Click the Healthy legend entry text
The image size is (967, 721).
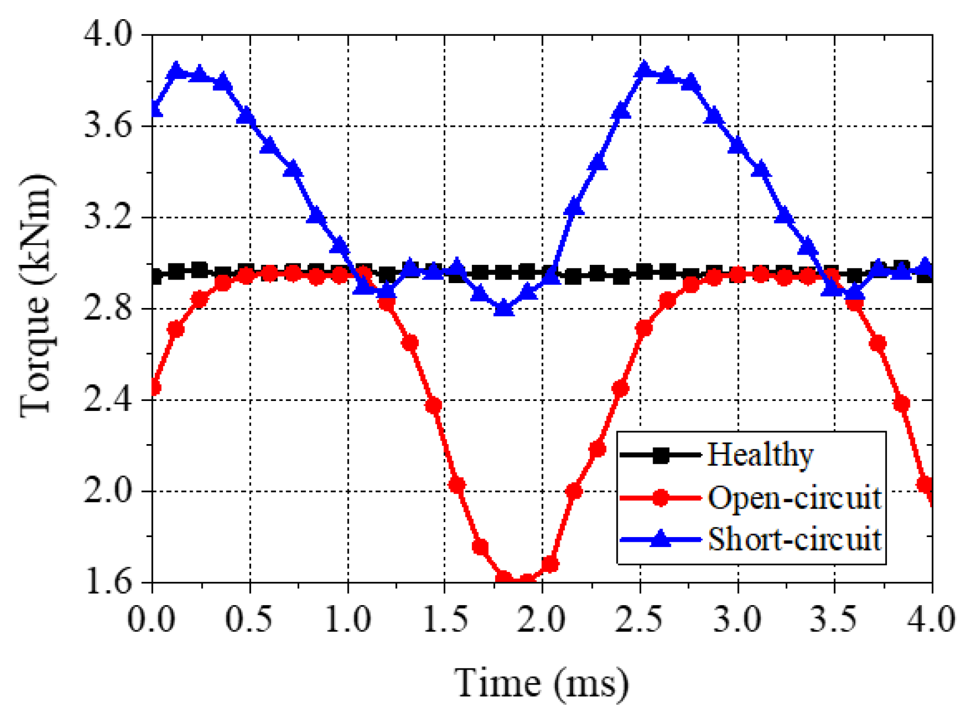coord(760,455)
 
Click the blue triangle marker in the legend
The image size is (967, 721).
coord(660,539)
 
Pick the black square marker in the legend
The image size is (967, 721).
coord(660,456)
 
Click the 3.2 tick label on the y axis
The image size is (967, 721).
coord(108,217)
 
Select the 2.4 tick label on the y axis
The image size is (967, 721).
coord(108,400)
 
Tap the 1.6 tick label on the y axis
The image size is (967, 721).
coord(108,582)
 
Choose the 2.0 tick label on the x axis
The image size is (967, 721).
coord(542,619)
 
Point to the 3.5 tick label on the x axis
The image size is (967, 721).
coord(833,619)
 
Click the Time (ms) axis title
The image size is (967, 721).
coord(541,683)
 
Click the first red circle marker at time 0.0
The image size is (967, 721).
coord(154,388)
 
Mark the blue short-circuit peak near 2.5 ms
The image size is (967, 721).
coord(644,69)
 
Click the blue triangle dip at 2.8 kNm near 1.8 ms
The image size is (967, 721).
coord(503,309)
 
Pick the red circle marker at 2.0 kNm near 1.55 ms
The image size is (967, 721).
coord(457,485)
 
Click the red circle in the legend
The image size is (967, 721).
coord(660,497)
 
